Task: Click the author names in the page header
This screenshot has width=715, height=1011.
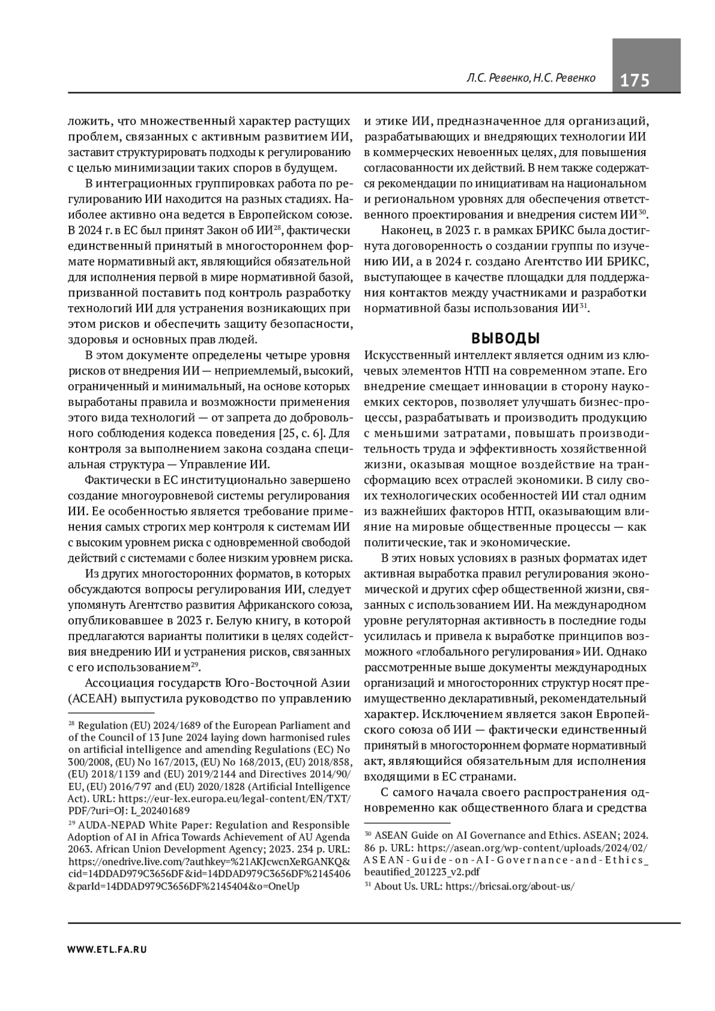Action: pos(531,79)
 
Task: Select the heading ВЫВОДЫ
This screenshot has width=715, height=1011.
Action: pos(505,338)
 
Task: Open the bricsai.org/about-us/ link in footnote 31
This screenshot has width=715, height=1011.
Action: pos(510,886)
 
